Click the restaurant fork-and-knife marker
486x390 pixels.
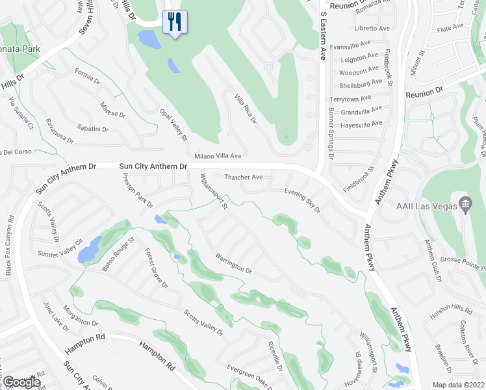[x=173, y=22]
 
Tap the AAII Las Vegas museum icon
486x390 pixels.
[x=465, y=205]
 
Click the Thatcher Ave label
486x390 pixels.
[x=243, y=177]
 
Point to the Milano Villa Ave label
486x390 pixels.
[x=218, y=156]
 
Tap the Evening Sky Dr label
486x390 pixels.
[x=303, y=200]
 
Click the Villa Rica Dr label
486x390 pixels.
[x=246, y=108]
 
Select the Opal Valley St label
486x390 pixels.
[x=173, y=125]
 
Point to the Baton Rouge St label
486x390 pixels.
[x=118, y=252]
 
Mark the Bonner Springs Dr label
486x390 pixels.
[x=331, y=138]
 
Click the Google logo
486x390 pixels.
[x=21, y=382]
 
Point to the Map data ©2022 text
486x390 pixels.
[x=459, y=385]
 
